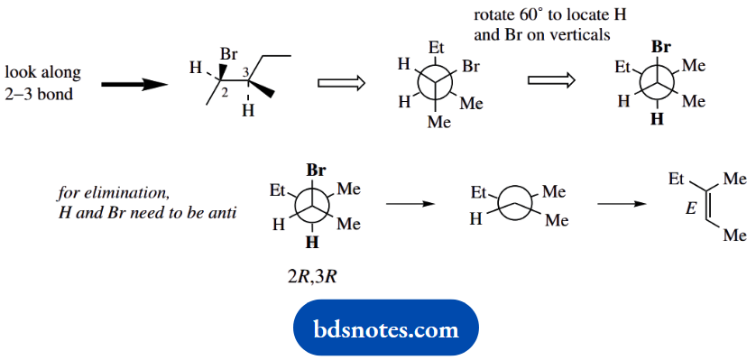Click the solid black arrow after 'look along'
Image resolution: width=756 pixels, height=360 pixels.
coord(134,84)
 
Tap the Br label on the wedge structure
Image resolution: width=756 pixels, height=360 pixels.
coord(218,55)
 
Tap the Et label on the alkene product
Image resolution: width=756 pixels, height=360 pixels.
coord(678,180)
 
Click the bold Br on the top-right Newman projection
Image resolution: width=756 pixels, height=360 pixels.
coord(661,46)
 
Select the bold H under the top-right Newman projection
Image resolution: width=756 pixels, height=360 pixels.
coord(657,119)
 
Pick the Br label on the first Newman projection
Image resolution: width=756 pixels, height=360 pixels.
coord(472,67)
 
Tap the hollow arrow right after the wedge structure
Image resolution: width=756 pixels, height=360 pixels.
coord(341,83)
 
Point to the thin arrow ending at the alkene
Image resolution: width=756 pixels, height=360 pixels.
coord(622,203)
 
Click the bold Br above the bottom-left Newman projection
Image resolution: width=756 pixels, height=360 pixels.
coord(317,169)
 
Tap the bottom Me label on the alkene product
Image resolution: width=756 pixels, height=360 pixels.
coord(735,235)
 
